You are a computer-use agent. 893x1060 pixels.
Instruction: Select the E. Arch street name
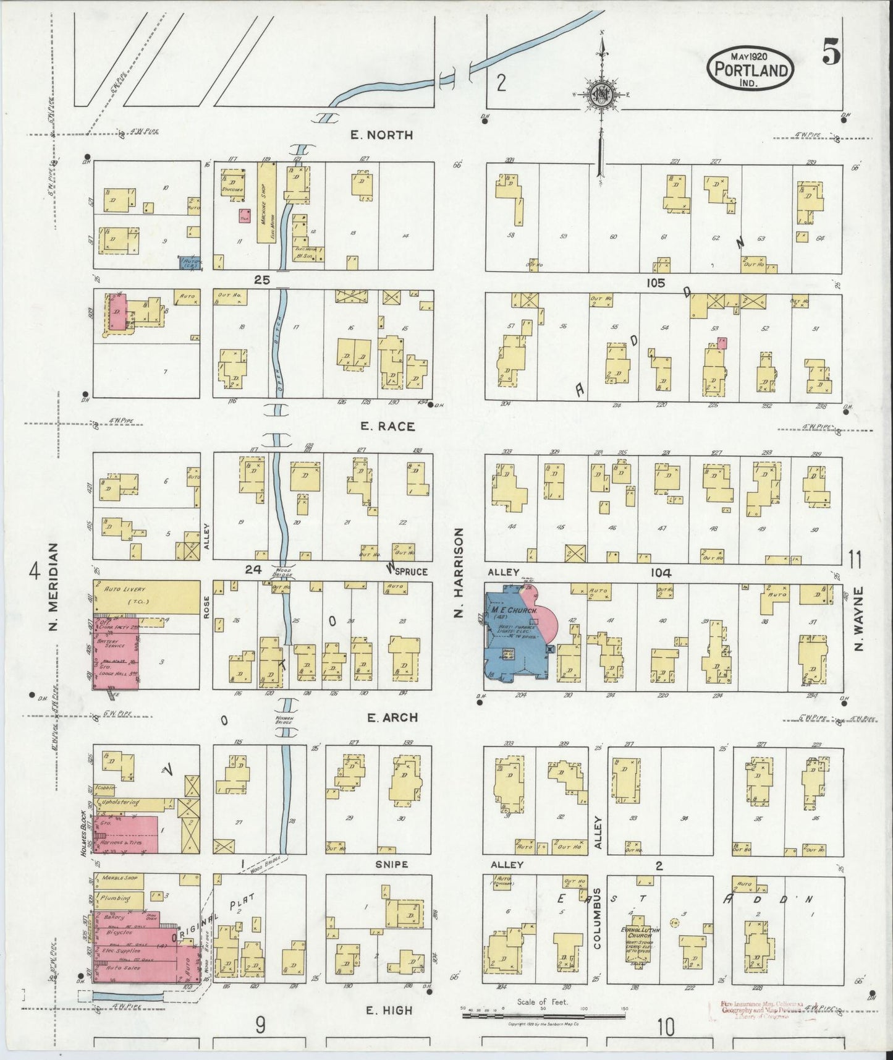tap(392, 717)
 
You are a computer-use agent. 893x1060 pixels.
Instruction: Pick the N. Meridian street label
tap(53, 588)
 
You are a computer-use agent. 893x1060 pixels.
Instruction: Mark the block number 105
tap(656, 283)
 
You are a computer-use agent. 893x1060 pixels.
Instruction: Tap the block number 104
tap(660, 573)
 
